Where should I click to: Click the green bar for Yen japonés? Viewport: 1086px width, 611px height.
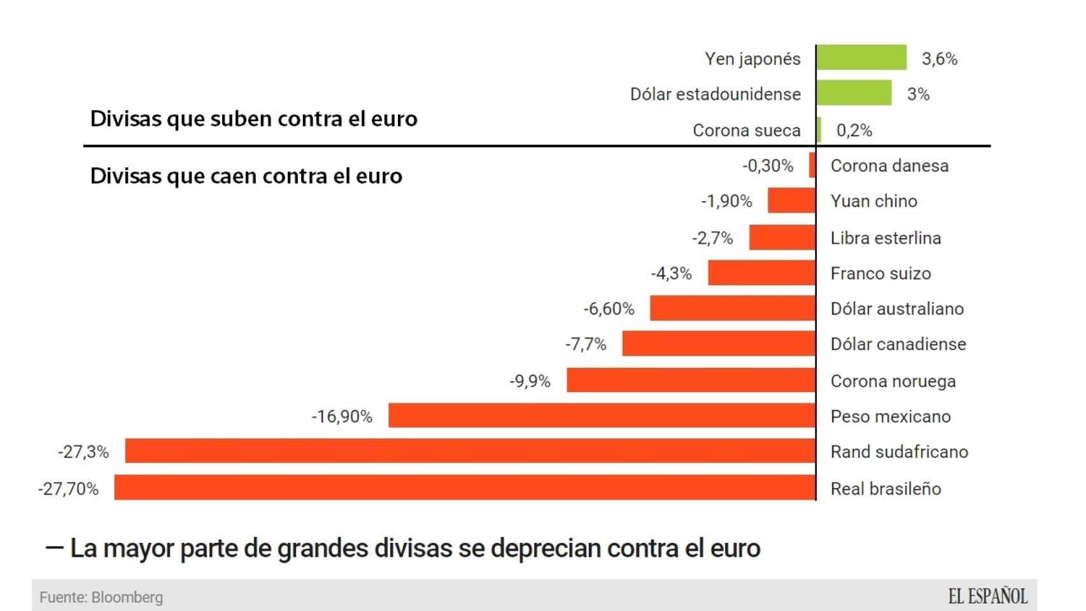coord(861,58)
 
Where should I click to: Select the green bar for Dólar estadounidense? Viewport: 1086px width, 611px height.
coord(854,94)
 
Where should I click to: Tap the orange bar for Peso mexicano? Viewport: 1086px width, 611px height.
coord(602,416)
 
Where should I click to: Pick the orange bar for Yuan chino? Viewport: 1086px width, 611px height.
coord(791,200)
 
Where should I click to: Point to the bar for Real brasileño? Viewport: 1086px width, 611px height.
coord(465,488)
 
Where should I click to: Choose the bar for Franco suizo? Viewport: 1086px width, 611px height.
coord(761,273)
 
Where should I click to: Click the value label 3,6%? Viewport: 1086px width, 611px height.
coord(940,59)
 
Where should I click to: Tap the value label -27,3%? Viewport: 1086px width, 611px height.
coord(83,452)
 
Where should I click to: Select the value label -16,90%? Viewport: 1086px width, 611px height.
coord(342,417)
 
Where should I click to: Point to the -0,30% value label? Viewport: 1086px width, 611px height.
coord(768,166)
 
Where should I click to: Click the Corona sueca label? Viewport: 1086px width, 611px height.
coord(746,130)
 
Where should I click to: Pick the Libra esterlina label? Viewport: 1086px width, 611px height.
coord(885,238)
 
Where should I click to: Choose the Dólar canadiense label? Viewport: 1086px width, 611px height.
coord(898,344)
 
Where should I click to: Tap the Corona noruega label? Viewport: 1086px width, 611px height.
coord(893,381)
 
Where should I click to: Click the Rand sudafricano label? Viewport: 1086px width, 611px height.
coord(899,452)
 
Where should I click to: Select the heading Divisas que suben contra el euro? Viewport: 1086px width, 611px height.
coord(253,119)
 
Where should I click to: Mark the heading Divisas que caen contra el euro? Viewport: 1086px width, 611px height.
coord(246,176)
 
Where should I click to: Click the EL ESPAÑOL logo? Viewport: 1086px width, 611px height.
coord(987,596)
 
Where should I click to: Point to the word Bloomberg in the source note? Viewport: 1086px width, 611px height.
coord(127,598)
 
